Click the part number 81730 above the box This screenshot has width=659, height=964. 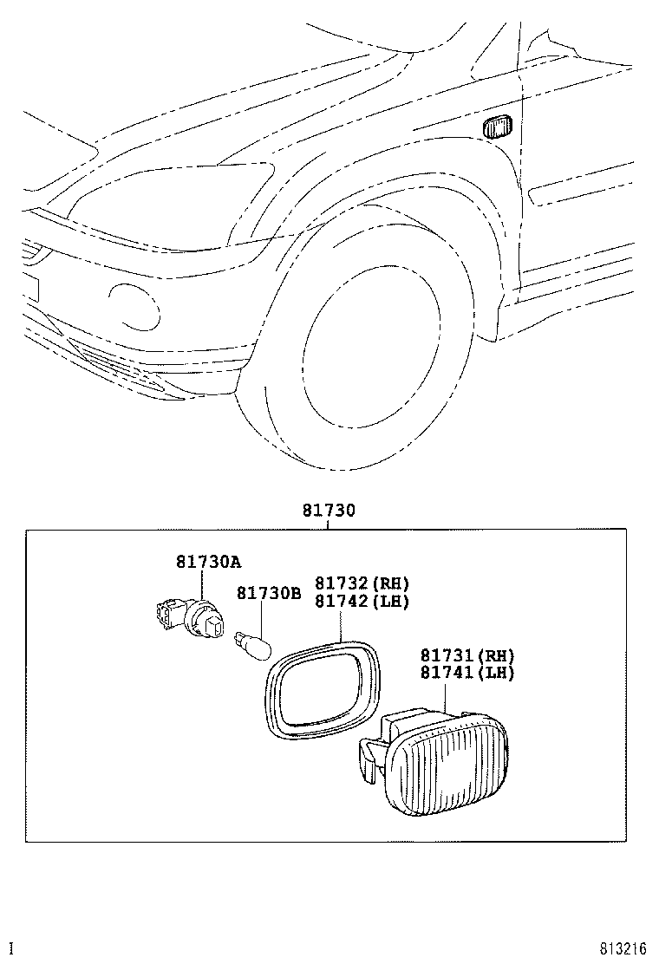click(329, 511)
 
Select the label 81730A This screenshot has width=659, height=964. click(208, 562)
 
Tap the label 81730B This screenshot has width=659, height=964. click(270, 593)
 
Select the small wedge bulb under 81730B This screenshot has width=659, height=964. click(257, 645)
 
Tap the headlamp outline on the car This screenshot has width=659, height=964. click(173, 195)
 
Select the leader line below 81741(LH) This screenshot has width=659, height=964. click(445, 697)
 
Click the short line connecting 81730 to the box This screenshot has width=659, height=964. click(329, 524)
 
